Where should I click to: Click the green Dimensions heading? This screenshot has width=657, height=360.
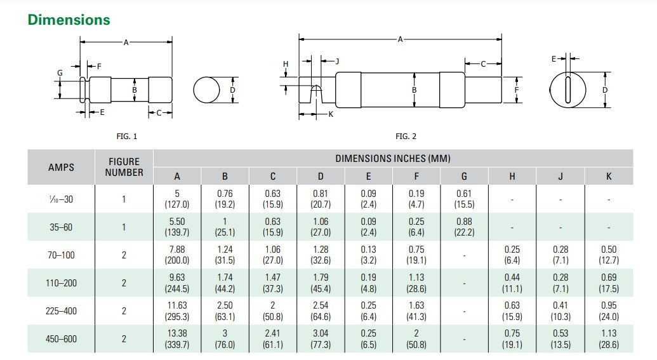click(69, 20)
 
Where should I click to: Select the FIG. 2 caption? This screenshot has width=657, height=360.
click(406, 136)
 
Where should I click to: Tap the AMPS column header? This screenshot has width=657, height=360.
click(61, 168)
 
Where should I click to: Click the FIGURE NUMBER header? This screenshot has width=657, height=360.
click(124, 168)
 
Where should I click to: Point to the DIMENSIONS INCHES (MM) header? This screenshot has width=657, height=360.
click(393, 158)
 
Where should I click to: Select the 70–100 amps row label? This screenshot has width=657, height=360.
click(61, 255)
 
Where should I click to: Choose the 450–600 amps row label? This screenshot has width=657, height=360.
click(61, 339)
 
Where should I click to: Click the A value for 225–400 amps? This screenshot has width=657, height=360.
click(177, 311)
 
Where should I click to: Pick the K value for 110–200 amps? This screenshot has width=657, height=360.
click(608, 283)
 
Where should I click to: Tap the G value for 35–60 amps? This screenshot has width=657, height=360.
click(464, 227)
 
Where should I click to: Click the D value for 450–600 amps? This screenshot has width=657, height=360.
click(321, 339)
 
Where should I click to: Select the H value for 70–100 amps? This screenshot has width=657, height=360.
click(512, 255)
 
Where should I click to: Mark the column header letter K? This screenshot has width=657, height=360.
click(608, 177)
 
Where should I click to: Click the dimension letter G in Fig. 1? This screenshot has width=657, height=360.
click(60, 73)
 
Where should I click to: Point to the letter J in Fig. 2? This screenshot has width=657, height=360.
click(337, 61)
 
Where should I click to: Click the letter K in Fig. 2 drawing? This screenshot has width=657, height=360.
click(330, 114)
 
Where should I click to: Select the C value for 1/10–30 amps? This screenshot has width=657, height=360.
click(273, 199)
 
